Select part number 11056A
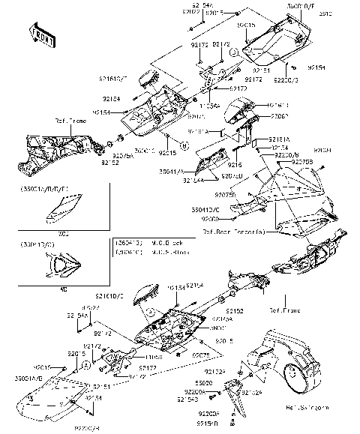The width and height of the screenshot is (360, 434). pyautogui.click(x=210, y=106)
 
